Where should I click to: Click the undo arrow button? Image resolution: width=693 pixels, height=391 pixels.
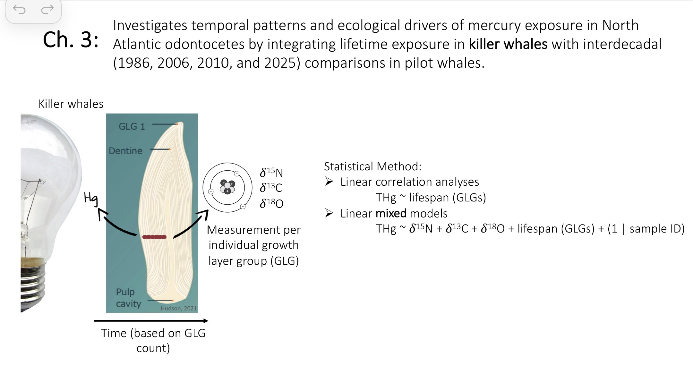coord(19,10)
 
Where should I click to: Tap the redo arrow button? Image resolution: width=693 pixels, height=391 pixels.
coord(47,10)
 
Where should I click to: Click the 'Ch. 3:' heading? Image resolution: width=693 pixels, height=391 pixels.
coord(71,40)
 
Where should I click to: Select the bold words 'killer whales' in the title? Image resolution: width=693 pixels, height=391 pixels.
coord(508,44)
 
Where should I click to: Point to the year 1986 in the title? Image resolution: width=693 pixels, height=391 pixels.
coord(135,63)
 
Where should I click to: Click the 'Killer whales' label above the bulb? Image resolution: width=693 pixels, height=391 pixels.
coord(71,104)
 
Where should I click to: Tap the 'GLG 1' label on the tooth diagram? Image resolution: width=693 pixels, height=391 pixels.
coord(132,126)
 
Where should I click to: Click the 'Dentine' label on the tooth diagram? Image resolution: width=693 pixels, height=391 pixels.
coord(125,151)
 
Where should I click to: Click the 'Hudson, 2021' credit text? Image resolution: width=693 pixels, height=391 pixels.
coord(179,308)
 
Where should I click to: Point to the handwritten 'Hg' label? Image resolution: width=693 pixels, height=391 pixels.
coord(91,198)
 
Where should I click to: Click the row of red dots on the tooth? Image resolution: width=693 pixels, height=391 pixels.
coord(154,237)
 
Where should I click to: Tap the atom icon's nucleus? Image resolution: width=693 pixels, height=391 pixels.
coord(227,187)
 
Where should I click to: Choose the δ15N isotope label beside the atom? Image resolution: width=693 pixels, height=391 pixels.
coord(271,173)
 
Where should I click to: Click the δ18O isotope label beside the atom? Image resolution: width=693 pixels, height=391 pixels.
coord(271,203)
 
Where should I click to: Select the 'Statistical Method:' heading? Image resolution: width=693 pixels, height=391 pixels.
coord(372,166)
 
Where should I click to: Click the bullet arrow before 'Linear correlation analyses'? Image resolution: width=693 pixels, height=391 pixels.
coord(329,182)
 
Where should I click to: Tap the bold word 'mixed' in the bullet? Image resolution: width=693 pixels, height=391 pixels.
coord(391,213)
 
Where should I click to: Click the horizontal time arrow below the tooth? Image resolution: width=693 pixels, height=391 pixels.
coord(151,320)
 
